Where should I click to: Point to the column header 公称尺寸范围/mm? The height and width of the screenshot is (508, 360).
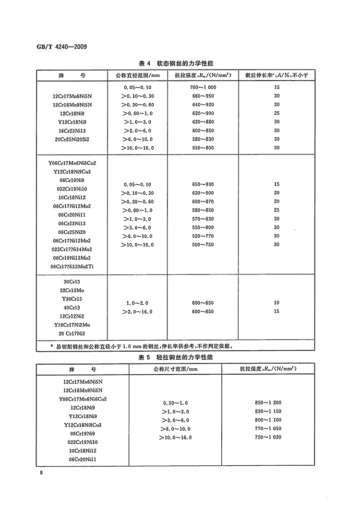pyautogui.click(x=176, y=369)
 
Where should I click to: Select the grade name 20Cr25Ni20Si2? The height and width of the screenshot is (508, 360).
pyautogui.click(x=72, y=139)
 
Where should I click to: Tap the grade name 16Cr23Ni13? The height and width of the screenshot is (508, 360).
pyautogui.click(x=72, y=130)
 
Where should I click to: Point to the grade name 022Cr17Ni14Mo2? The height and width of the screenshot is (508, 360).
pyautogui.click(x=72, y=249)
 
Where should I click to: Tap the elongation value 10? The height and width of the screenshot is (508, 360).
pyautogui.click(x=276, y=303)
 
